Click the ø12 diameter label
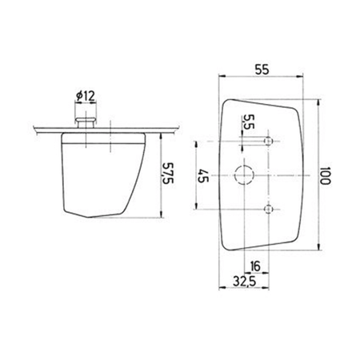(x=86, y=97)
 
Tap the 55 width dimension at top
(x=261, y=70)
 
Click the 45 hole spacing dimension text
(x=202, y=175)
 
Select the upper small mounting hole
(x=269, y=141)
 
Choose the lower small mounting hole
(x=269, y=210)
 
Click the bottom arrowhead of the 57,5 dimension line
(x=162, y=217)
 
